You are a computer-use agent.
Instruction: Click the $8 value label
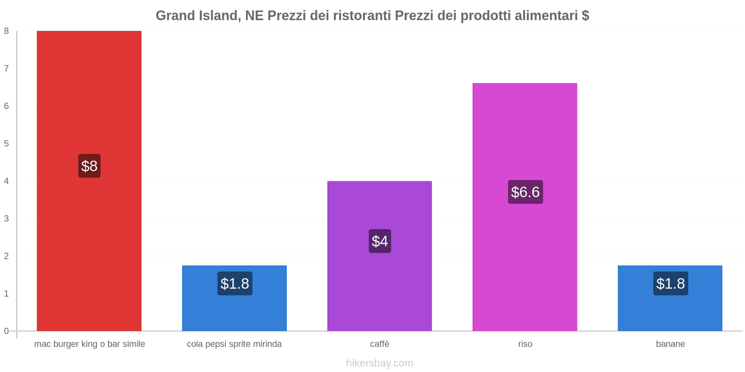[x=89, y=166]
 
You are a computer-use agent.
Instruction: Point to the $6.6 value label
[x=525, y=192]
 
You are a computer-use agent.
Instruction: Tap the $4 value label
[x=380, y=241]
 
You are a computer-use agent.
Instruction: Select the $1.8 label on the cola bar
[x=235, y=284]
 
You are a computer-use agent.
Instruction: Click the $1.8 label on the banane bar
[x=670, y=284]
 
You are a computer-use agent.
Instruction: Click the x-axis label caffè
[x=379, y=344]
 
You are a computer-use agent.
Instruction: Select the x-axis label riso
[x=525, y=344]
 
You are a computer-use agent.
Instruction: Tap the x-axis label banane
[x=670, y=344]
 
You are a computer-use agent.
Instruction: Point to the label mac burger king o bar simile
[x=89, y=344]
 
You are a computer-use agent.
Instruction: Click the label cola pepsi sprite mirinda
[x=234, y=344]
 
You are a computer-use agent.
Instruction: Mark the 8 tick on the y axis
[x=7, y=31]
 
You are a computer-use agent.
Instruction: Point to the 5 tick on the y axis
[x=7, y=144]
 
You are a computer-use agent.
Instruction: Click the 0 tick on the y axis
[x=7, y=331]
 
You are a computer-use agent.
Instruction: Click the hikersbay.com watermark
[x=379, y=363]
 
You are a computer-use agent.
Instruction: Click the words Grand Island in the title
[x=197, y=15]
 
